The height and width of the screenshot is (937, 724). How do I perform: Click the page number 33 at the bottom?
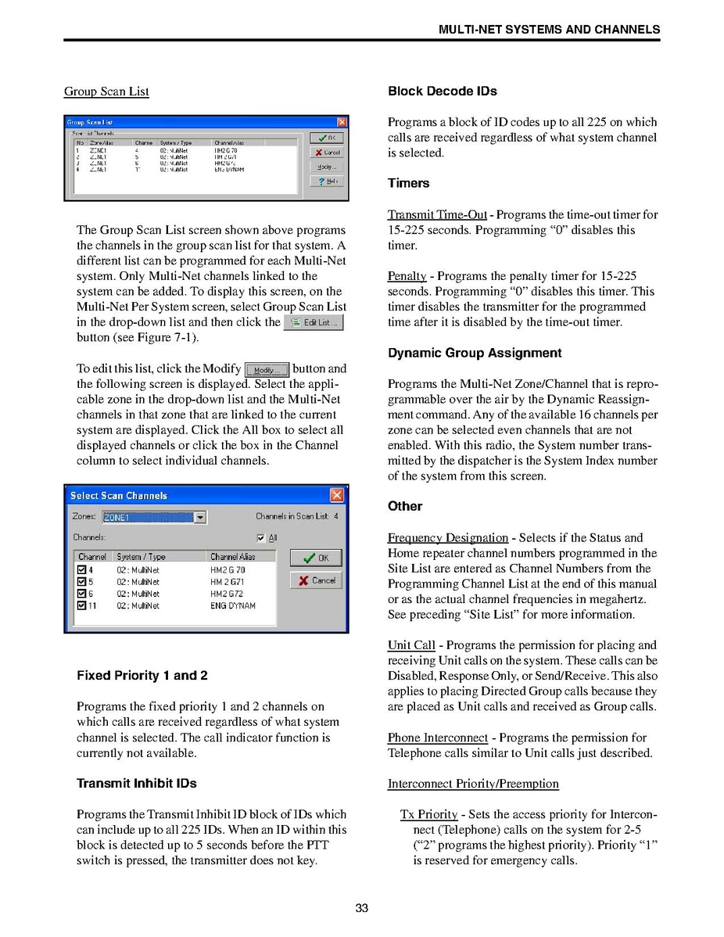pos(361,908)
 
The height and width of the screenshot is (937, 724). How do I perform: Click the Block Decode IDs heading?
pos(442,92)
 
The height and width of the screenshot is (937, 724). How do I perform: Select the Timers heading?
pos(408,184)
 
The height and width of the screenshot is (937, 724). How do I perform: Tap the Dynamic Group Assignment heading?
pos(475,354)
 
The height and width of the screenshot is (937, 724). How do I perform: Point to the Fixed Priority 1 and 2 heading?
pos(142,676)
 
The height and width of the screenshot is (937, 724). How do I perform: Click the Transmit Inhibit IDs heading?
pos(136,784)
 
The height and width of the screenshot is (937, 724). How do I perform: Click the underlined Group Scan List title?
pos(106,92)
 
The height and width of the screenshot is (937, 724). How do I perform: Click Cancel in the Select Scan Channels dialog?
pos(316,580)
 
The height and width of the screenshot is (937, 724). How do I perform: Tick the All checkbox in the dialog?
pos(261,538)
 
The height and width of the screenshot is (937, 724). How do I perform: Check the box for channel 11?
pos(81,606)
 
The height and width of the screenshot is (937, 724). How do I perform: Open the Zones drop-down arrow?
pos(200,517)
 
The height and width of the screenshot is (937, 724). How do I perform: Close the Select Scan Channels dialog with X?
pos(336,495)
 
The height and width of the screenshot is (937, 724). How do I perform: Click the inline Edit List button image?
pos(313,322)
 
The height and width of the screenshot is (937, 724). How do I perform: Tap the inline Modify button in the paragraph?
pos(267,370)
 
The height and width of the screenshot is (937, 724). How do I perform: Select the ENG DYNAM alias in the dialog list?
pos(232,606)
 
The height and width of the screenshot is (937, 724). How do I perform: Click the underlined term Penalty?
pos(407,276)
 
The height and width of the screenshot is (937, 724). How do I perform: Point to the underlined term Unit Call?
pos(411,645)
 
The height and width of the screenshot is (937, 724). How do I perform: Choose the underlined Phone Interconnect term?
pos(437,738)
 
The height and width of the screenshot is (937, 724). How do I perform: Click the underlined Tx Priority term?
pos(428,814)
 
